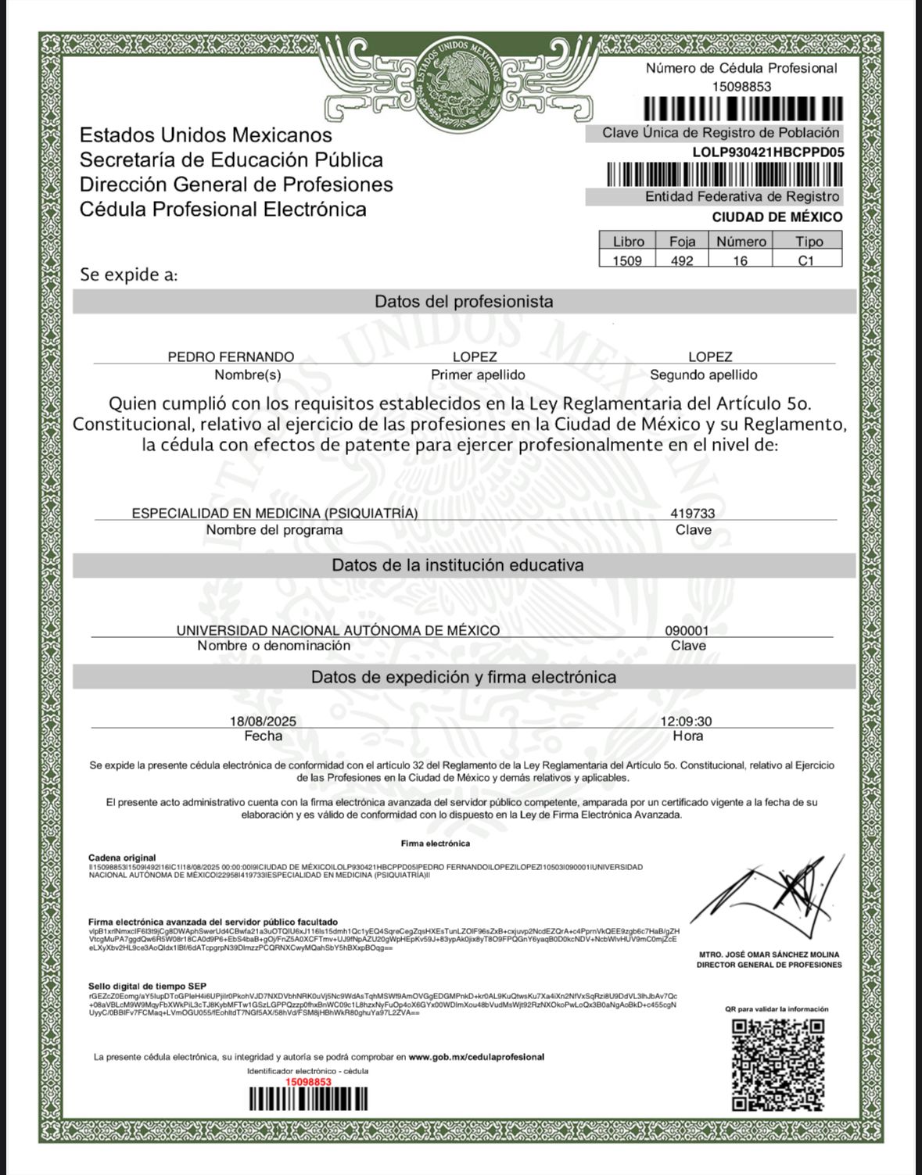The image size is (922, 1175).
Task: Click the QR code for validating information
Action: (x=778, y=1064)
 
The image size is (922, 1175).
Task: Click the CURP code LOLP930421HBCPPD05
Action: (x=768, y=152)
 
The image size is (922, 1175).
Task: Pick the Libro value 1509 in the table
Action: (x=626, y=261)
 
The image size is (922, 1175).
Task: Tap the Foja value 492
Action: (x=682, y=261)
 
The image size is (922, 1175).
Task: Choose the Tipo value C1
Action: (x=806, y=261)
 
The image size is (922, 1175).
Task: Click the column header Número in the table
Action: (x=741, y=242)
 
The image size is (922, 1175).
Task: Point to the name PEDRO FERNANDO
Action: (x=231, y=357)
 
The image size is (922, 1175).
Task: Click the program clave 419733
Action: (x=692, y=514)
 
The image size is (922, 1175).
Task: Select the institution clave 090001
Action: (x=687, y=631)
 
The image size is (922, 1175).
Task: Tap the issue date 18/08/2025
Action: (x=263, y=722)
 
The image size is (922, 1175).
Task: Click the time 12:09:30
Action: (x=686, y=722)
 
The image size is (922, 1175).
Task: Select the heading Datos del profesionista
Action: (x=464, y=302)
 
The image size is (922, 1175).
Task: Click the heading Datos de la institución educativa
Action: (x=457, y=565)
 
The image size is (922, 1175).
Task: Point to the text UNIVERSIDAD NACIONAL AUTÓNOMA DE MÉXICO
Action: (x=338, y=631)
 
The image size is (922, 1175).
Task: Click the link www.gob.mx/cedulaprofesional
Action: (x=476, y=1057)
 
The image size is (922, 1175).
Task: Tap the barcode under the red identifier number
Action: (x=308, y=1099)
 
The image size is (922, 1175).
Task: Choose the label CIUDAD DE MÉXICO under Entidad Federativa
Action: (x=777, y=217)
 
